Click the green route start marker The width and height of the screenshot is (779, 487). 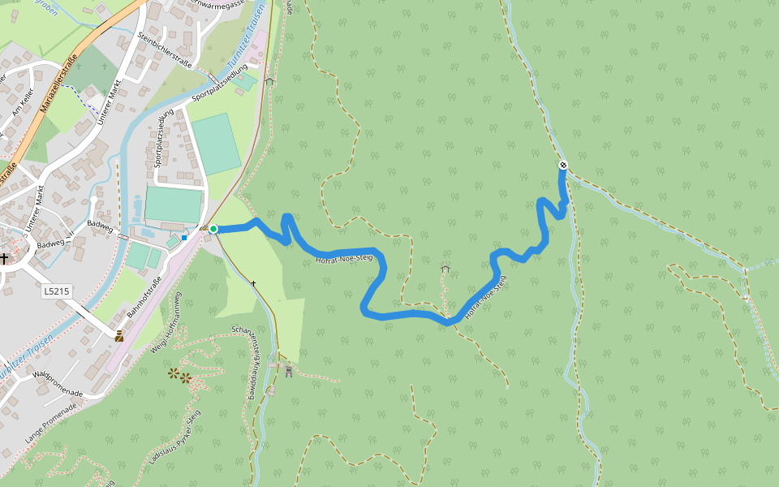(x=213, y=230)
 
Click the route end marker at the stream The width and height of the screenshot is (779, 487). (x=563, y=166)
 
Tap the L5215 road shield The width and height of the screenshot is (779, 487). (x=57, y=290)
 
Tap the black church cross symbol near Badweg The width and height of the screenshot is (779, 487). (x=5, y=259)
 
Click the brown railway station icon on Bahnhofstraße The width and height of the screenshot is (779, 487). (x=119, y=336)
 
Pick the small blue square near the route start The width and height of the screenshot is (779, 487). (x=185, y=238)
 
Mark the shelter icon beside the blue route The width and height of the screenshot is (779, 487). (x=445, y=268)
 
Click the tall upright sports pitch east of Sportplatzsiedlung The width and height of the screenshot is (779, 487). (x=216, y=144)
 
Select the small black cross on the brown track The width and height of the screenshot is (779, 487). (x=254, y=283)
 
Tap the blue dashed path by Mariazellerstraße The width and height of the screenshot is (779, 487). (x=88, y=100)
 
